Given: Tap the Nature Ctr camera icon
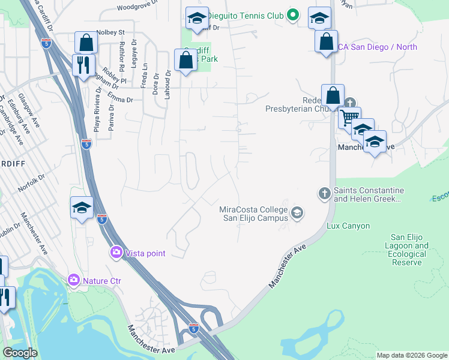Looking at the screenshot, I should click(x=74, y=280).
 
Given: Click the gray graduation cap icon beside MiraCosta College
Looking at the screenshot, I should click(x=297, y=212).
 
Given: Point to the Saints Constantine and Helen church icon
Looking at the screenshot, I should click(x=324, y=193).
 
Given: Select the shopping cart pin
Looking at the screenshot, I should click(x=349, y=116).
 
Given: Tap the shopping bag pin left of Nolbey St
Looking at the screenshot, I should click(x=86, y=42).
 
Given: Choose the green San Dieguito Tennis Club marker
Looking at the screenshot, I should click(x=292, y=15).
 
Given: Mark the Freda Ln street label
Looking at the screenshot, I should click(x=144, y=77).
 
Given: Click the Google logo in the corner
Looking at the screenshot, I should click(x=20, y=353).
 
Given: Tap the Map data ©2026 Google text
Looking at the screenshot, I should click(x=411, y=355).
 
